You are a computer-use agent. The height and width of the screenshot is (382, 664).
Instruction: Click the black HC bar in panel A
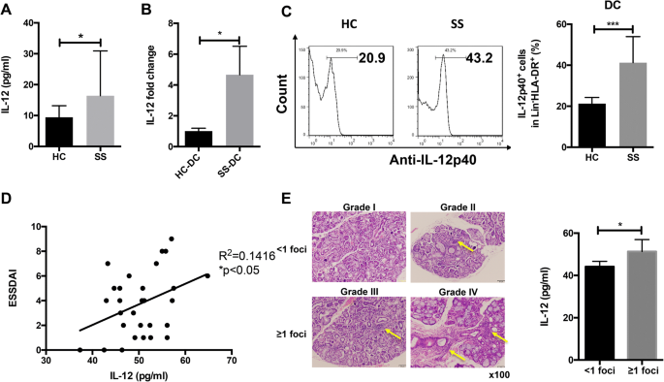(60, 131)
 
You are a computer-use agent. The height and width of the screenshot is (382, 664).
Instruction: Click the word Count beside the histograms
(280, 98)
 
